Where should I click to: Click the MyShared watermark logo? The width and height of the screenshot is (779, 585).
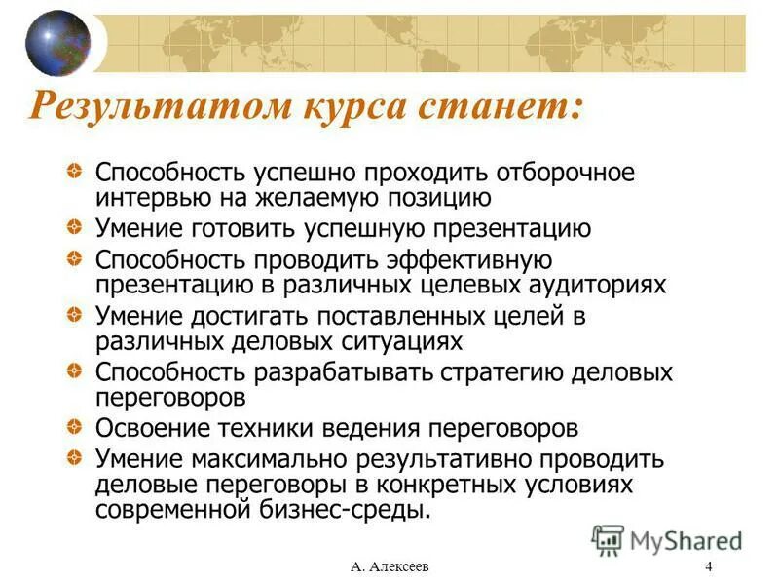pos(667,538)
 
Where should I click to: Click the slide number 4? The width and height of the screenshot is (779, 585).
pos(708,567)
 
